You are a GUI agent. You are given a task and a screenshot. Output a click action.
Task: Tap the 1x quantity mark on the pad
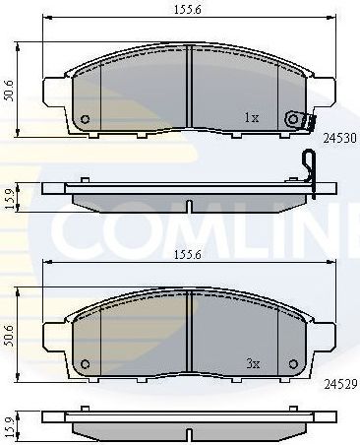coord(251,117)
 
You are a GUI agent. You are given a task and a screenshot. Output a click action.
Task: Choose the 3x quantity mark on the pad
coord(251,363)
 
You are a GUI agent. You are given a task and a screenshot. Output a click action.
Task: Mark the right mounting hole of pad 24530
coord(291,120)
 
